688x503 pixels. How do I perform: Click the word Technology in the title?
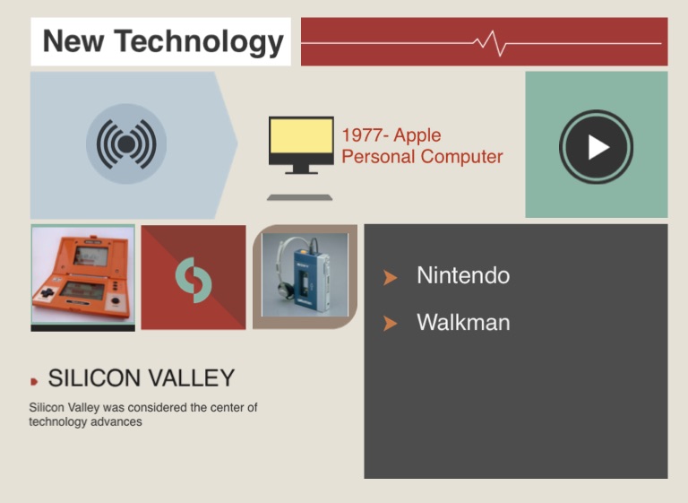click(199, 42)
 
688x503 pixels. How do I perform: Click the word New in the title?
click(73, 41)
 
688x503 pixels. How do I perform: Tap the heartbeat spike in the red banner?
click(491, 44)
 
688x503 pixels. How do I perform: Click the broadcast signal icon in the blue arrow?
click(126, 143)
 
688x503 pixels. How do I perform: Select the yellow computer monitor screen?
click(301, 136)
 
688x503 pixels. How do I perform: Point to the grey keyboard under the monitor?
click(300, 197)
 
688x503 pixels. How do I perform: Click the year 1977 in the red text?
click(362, 135)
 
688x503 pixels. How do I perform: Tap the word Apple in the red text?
click(417, 135)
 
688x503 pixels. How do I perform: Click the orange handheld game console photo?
click(83, 275)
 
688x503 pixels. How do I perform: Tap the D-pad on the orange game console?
click(47, 292)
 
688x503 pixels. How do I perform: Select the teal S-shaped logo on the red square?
click(193, 280)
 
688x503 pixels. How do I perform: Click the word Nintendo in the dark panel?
click(463, 275)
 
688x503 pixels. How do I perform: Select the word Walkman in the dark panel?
click(463, 323)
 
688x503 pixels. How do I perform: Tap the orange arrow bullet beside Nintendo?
click(390, 277)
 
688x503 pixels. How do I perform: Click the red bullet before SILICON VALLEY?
click(34, 381)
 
